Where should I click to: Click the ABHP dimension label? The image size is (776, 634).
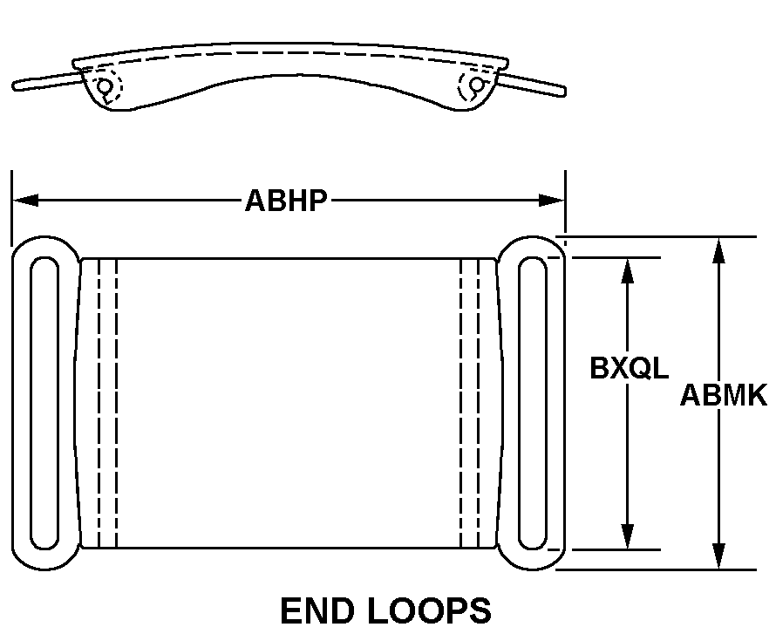(x=287, y=201)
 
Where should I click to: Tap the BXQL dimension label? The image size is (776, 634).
(x=629, y=368)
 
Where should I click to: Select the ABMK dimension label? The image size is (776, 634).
(x=724, y=395)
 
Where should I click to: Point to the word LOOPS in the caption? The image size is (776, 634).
(x=430, y=610)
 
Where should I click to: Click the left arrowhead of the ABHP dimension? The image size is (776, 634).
(x=25, y=201)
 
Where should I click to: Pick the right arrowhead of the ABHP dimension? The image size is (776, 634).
(x=552, y=201)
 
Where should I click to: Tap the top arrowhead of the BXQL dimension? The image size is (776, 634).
(x=627, y=270)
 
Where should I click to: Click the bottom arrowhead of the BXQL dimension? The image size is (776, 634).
(x=627, y=536)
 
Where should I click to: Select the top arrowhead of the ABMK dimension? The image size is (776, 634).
(x=718, y=250)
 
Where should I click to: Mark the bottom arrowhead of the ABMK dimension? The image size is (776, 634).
(x=718, y=556)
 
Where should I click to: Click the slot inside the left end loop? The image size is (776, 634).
(x=44, y=403)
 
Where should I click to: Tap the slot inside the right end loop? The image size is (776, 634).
(x=533, y=403)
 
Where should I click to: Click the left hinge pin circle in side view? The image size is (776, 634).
(x=105, y=86)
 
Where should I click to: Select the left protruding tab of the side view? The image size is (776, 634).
(x=47, y=81)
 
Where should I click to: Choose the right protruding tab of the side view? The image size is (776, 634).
(x=530, y=84)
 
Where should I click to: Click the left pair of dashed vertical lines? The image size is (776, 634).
(x=108, y=403)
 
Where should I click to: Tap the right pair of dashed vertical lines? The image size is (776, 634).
(x=470, y=403)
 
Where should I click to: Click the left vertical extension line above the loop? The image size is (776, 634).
(x=12, y=208)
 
